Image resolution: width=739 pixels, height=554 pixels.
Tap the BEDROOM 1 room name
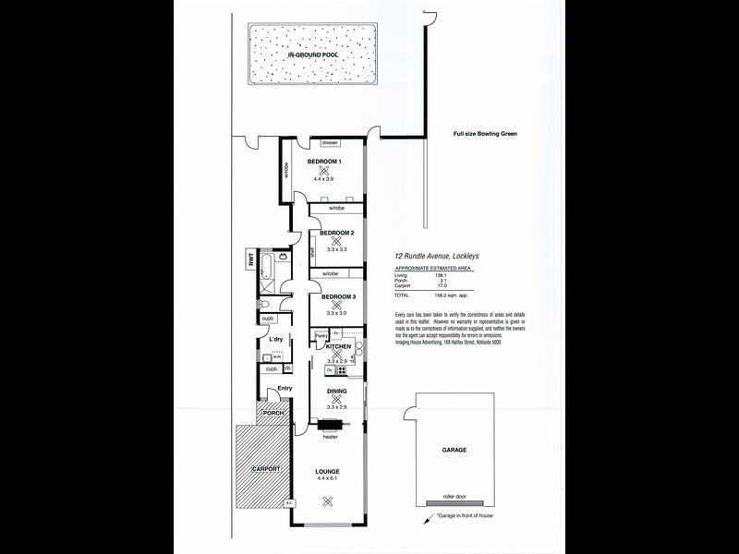click(x=324, y=162)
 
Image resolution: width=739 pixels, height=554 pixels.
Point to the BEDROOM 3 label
click(x=338, y=296)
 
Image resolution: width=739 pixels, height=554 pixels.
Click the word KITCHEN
click(x=338, y=346)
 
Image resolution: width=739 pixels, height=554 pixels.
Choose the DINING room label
click(x=336, y=391)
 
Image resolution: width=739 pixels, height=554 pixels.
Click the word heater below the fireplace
click(x=330, y=436)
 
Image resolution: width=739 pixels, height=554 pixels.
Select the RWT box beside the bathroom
click(x=250, y=261)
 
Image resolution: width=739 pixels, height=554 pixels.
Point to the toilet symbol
click(x=265, y=306)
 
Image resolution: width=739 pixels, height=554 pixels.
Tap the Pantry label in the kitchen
click(x=321, y=335)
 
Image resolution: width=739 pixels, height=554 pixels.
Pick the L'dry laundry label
click(x=275, y=340)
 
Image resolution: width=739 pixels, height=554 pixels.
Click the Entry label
click(x=285, y=388)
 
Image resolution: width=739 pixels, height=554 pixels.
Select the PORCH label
click(x=273, y=413)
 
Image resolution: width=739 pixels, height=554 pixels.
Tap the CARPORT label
click(x=265, y=469)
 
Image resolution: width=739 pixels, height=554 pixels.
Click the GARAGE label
click(x=454, y=449)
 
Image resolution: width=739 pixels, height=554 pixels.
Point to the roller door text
click(x=454, y=496)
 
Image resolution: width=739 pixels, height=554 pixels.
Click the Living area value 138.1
click(x=442, y=276)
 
